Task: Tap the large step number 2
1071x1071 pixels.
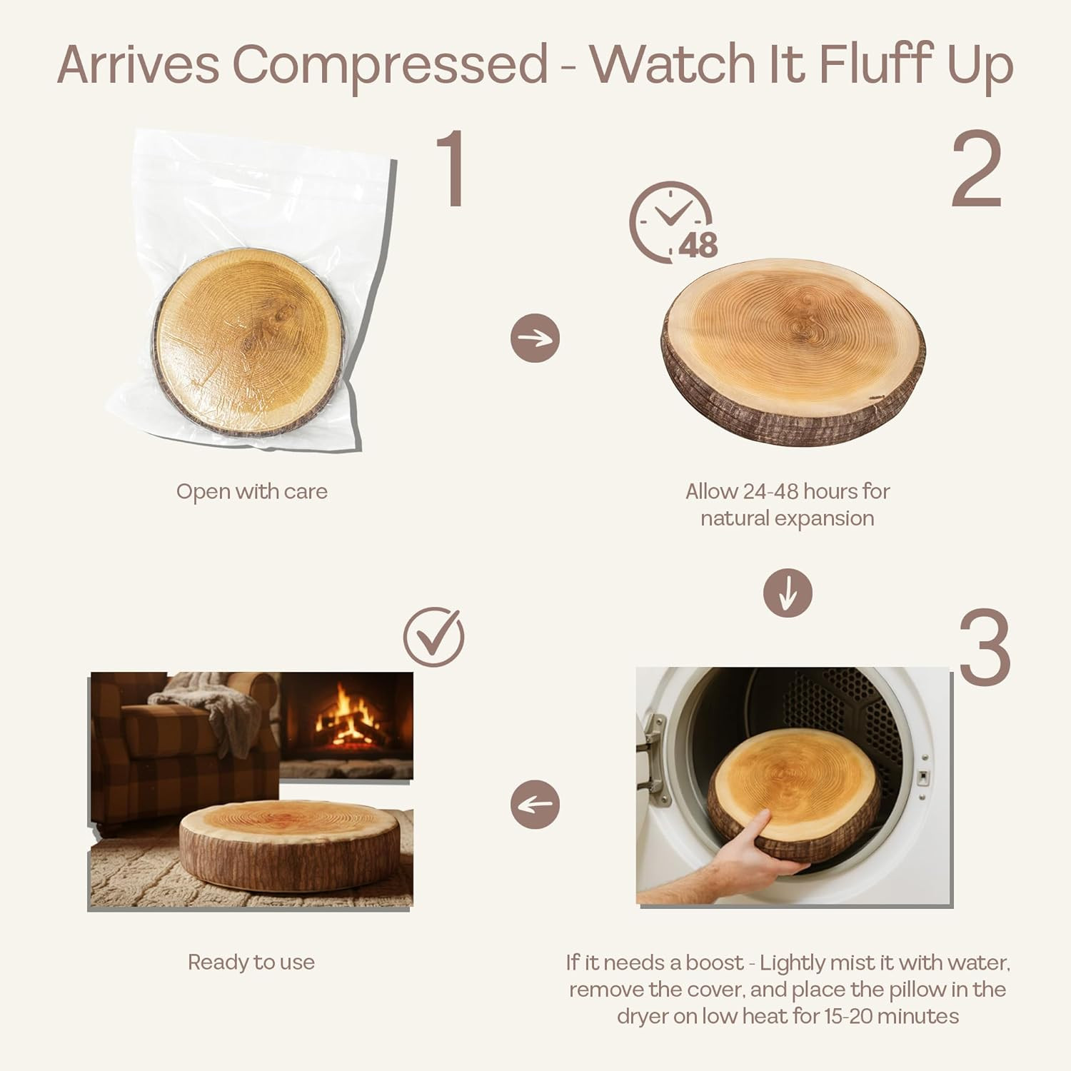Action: [976, 170]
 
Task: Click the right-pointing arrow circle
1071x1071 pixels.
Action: [535, 338]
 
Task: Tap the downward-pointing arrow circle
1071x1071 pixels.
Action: [788, 593]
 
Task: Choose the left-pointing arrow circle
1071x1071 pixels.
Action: [535, 805]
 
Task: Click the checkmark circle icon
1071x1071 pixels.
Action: [434, 636]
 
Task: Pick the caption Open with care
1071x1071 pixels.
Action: [252, 492]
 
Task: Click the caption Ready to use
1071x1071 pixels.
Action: [251, 962]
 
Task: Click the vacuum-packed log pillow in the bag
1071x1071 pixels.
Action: [251, 342]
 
